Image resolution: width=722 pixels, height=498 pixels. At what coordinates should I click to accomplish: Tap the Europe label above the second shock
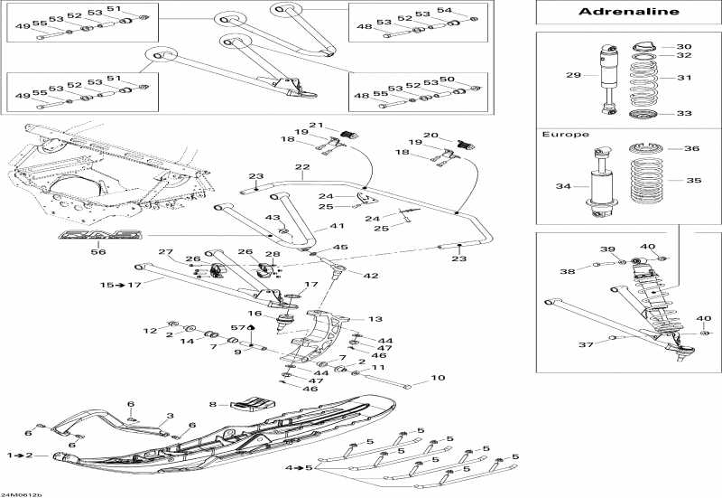click(x=565, y=134)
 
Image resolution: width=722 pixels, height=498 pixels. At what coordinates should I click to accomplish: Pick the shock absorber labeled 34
click(x=598, y=184)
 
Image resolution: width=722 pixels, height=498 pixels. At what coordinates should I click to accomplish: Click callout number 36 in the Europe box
click(x=692, y=149)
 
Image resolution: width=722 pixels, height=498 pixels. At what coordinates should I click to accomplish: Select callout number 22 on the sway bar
click(x=301, y=167)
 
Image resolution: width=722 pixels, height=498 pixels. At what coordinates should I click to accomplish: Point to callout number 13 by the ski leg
click(x=375, y=319)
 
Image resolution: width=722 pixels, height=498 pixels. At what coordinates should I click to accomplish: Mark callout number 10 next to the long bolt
click(x=438, y=378)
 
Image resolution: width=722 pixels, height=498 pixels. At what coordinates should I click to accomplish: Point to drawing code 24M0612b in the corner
click(x=22, y=493)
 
